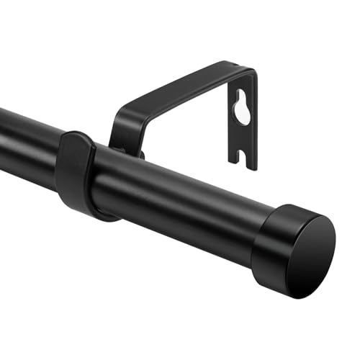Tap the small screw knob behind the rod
pyautogui.click(x=137, y=153)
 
